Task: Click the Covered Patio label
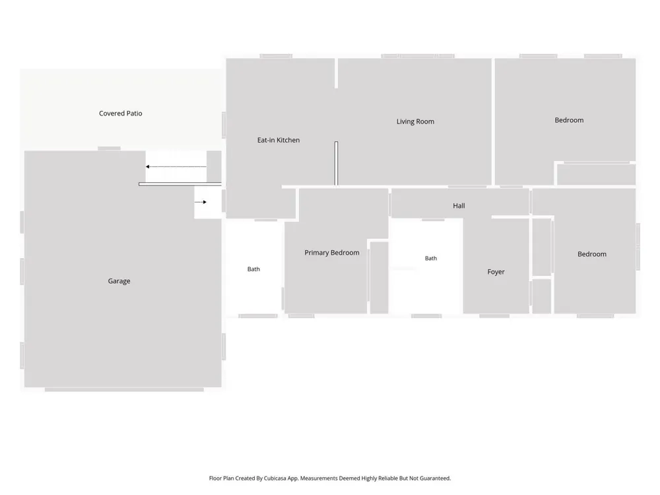(120, 114)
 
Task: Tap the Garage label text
(119, 280)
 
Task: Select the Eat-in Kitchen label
(279, 140)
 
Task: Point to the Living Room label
(415, 121)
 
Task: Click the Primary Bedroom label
(332, 253)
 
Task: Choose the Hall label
(459, 206)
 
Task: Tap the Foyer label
(496, 272)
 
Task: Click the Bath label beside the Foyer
(431, 258)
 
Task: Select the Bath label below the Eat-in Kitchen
(253, 269)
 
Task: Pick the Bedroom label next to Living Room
(569, 120)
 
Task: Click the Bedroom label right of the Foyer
(592, 254)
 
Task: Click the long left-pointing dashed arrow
(176, 167)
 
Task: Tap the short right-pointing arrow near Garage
(201, 202)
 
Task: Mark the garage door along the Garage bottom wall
(124, 389)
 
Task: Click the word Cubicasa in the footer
(275, 478)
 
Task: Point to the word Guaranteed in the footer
(435, 478)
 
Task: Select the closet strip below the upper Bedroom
(596, 175)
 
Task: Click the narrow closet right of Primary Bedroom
(379, 278)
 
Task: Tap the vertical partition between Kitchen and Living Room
(337, 163)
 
